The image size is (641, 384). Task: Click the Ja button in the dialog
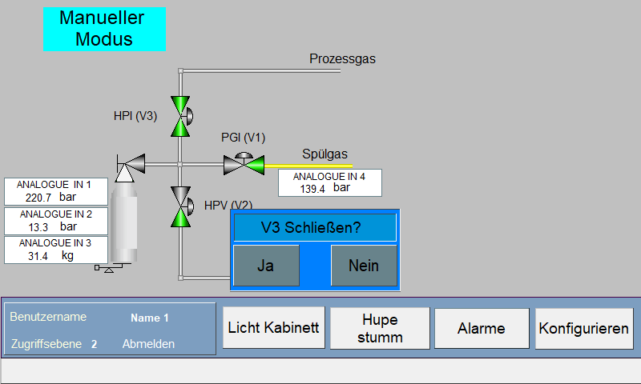(266, 266)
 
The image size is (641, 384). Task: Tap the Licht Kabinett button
(273, 328)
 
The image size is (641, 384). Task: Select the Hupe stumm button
(380, 328)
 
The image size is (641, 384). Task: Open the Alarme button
(482, 329)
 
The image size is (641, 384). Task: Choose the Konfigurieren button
(584, 329)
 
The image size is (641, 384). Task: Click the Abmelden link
(148, 344)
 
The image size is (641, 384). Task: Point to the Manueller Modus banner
(104, 29)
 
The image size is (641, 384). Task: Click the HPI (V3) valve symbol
(181, 116)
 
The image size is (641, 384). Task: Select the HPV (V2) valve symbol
(181, 206)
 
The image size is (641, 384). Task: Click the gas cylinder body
(124, 222)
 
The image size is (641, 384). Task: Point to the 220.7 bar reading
(50, 198)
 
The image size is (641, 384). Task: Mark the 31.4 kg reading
(50, 256)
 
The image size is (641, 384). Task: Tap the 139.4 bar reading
(325, 188)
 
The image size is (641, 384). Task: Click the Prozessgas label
(342, 58)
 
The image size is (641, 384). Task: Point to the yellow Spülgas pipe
(308, 166)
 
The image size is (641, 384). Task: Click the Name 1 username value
(149, 318)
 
